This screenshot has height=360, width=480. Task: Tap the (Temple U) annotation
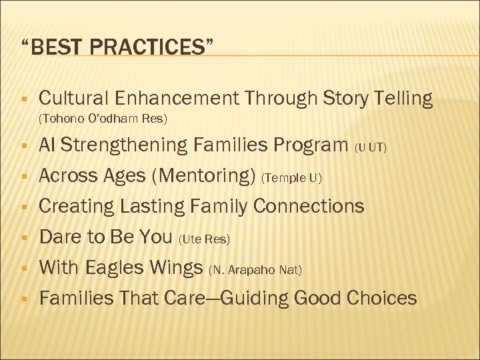tap(292, 178)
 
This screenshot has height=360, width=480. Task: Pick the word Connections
tap(311, 206)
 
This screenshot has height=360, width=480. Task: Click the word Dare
tap(59, 237)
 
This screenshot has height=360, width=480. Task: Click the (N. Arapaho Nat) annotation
tap(255, 270)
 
